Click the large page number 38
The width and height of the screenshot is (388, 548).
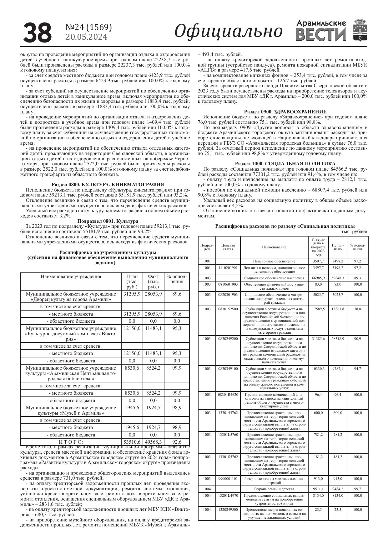pos(38,32)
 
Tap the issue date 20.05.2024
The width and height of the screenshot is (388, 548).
pos(86,37)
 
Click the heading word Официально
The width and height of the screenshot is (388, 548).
pos(228,31)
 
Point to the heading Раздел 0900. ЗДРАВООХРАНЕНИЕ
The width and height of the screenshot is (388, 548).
pos(285,112)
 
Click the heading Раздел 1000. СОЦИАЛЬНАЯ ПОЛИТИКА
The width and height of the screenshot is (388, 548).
pos(285,163)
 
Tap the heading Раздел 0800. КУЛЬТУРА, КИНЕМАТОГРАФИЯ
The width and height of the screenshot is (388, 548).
pos(108,185)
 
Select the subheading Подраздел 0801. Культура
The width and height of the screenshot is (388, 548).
pos(108,221)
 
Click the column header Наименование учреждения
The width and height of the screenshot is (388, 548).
pos(71,276)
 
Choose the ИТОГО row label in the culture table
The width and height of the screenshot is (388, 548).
pos(71,442)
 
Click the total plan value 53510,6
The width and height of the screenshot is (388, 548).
pos(132,442)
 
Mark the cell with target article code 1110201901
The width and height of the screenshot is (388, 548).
pos(228,268)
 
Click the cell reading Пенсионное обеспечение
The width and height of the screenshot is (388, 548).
pos(274,261)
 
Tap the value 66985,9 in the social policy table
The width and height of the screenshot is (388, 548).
pos(318,278)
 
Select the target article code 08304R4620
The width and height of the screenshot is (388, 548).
pos(228,395)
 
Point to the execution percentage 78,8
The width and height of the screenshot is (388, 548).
pos(357,309)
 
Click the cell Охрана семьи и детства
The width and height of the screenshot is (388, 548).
pos(274,489)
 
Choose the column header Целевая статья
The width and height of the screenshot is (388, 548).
pos(228,247)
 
